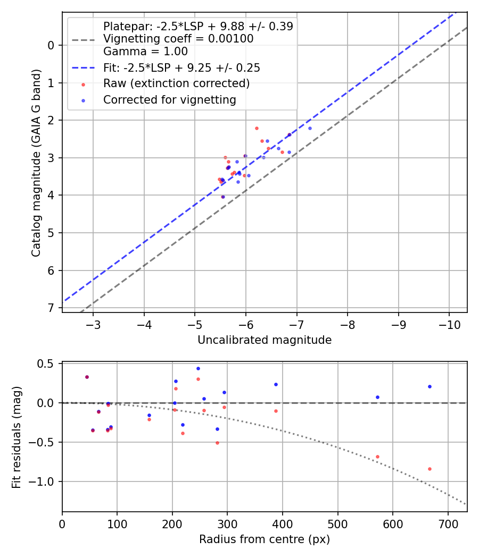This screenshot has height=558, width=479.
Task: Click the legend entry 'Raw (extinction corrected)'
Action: pos(176,83)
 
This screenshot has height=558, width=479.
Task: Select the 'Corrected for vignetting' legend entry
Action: pos(170,99)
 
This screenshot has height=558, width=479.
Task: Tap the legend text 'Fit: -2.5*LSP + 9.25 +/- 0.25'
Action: pos(181,68)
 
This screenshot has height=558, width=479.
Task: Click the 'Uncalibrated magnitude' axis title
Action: pos(265,340)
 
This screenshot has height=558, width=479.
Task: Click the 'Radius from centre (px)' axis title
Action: pos(265,539)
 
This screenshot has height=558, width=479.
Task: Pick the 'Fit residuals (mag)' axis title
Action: pos(16,437)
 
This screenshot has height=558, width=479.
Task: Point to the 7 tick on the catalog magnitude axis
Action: pos(51,308)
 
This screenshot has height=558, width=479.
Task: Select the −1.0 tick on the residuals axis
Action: pos(46,481)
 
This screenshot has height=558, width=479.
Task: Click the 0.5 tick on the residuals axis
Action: pos(49,363)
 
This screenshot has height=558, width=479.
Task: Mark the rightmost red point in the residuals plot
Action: pos(430,469)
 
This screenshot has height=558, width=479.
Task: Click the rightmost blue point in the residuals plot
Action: pos(430,386)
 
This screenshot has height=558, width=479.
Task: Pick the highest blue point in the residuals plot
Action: pos(198,368)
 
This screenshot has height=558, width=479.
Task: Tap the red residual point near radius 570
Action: pos(377,456)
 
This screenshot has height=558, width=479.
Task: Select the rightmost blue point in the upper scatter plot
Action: pos(310,128)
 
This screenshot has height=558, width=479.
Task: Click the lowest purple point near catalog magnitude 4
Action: pos(222,197)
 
